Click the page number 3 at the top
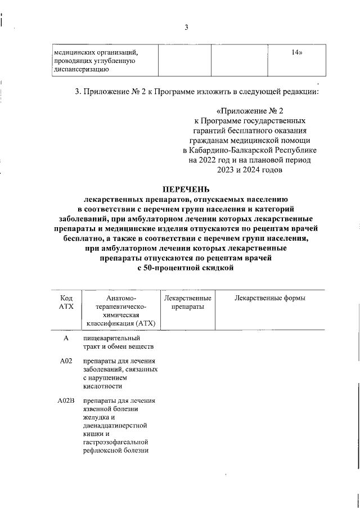tap(186, 28)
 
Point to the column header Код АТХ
tap(66, 302)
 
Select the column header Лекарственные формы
tap(269, 298)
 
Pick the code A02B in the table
tap(66, 401)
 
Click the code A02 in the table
tap(66, 361)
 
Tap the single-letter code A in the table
tap(66, 337)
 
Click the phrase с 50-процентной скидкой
tap(184, 269)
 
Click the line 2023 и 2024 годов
tap(249, 169)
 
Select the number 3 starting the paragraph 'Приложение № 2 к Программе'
tap(77, 92)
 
